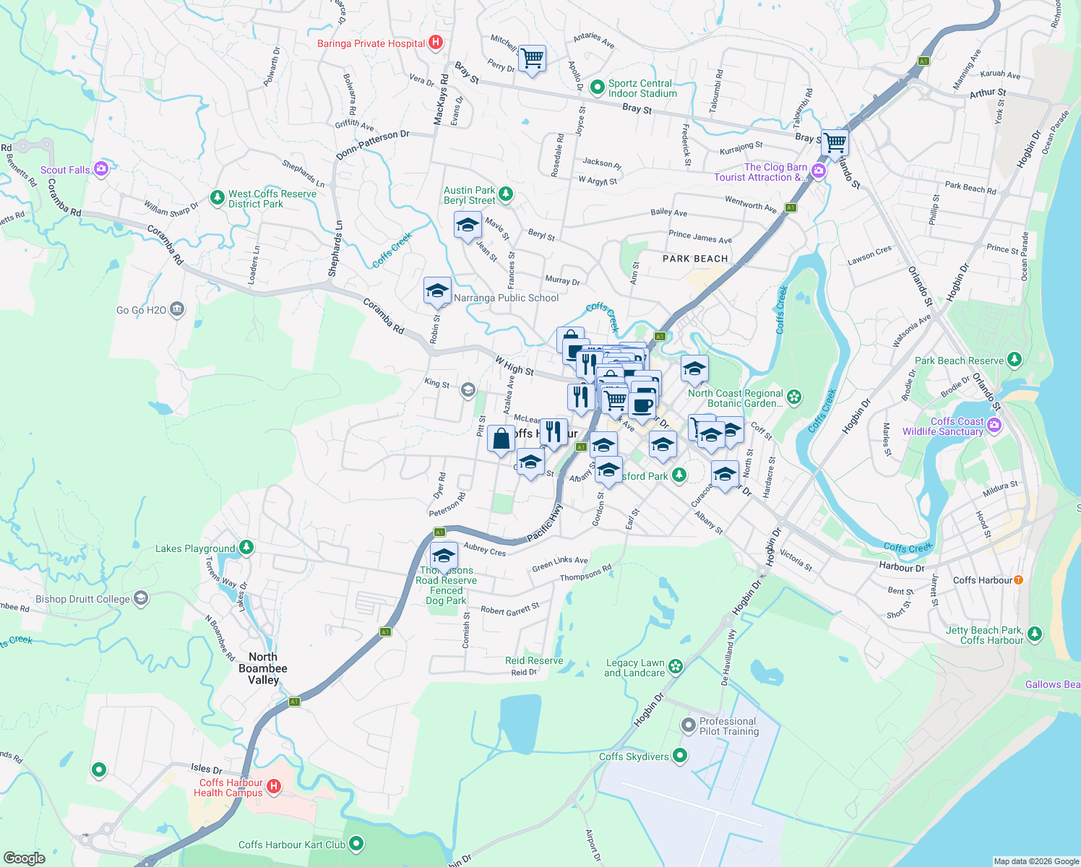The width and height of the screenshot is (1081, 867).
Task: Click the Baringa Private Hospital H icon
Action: (x=435, y=43)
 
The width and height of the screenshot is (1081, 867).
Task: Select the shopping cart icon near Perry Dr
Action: (x=532, y=59)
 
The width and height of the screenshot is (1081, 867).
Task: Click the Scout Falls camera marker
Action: (x=100, y=169)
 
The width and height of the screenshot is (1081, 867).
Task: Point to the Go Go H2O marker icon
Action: (x=177, y=310)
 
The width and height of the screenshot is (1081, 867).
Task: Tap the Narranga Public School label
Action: (x=506, y=298)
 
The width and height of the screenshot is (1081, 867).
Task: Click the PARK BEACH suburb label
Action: (x=695, y=259)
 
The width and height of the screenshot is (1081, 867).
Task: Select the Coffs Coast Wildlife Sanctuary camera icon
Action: (x=994, y=425)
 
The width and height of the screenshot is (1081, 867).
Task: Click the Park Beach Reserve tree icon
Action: (x=1015, y=359)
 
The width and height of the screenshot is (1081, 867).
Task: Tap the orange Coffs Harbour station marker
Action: (x=1018, y=579)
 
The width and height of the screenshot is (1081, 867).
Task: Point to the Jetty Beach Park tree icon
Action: (x=1035, y=634)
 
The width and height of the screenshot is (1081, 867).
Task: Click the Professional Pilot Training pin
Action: (x=688, y=724)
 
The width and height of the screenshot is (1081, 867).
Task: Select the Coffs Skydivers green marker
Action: (x=679, y=756)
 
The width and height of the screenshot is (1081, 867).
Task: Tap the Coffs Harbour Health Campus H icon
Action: (x=273, y=786)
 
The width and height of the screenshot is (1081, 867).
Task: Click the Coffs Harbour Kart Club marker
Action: (x=356, y=843)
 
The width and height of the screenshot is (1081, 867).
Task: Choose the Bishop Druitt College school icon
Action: (x=141, y=598)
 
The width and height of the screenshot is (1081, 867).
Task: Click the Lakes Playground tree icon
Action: (x=246, y=547)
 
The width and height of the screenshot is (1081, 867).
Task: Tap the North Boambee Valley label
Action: (x=263, y=668)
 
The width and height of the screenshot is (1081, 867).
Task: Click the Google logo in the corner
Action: (x=25, y=858)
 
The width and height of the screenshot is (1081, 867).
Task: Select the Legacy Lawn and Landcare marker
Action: (x=676, y=666)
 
